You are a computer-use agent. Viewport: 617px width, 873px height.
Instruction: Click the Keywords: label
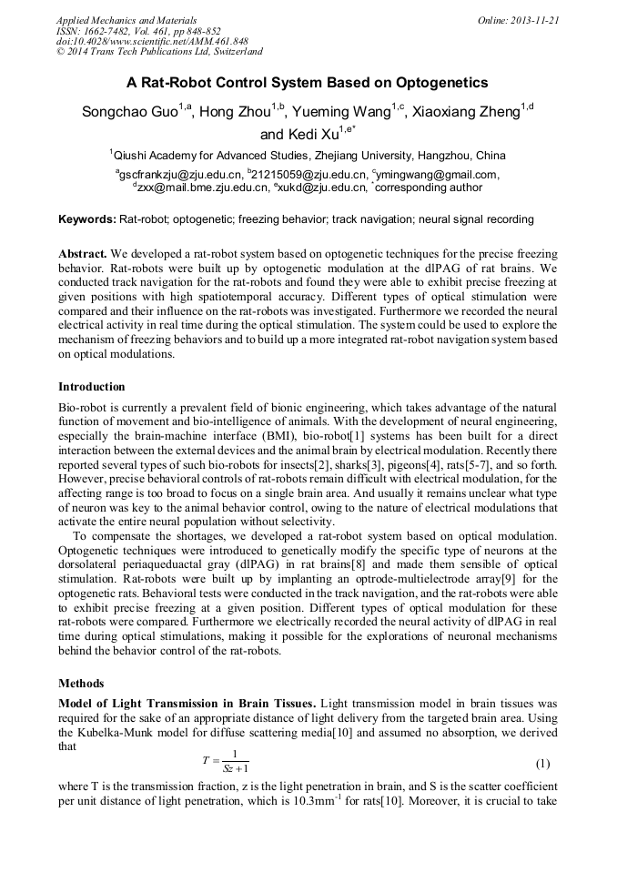pos(87,219)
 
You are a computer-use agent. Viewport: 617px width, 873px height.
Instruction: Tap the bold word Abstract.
pos(83,252)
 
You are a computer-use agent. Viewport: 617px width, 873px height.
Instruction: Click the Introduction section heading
pos(92,387)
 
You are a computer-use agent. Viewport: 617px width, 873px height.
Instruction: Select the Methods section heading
pos(81,684)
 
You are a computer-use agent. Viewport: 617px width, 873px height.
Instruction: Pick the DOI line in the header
pos(152,42)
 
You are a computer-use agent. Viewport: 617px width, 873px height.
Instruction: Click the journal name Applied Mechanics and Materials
pos(126,20)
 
